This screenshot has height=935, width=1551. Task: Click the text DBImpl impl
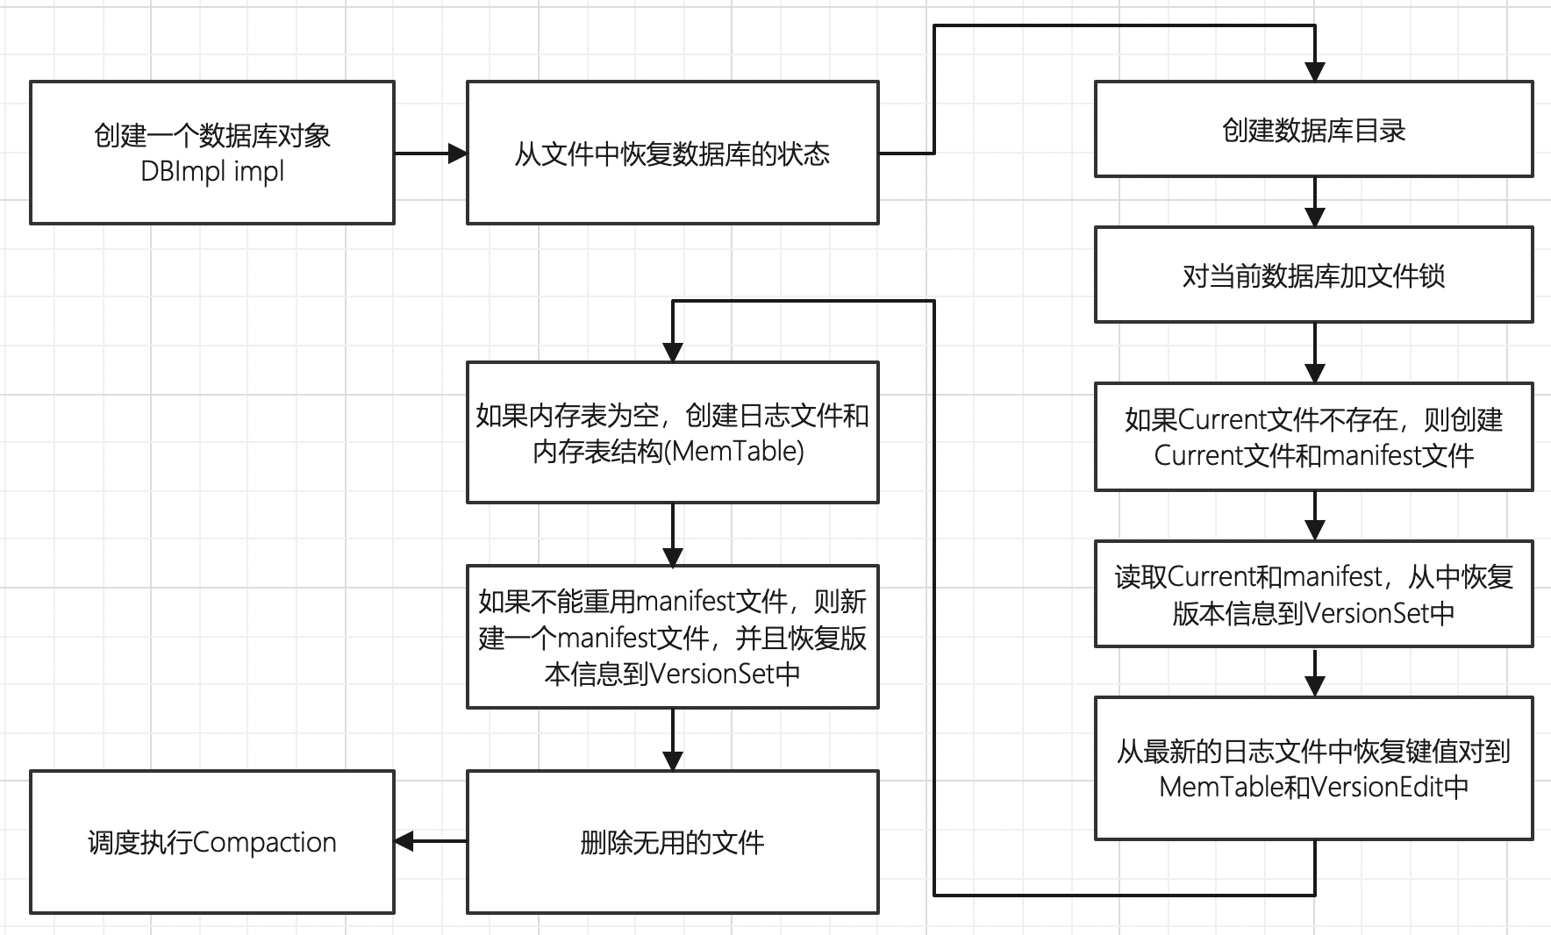pos(212,171)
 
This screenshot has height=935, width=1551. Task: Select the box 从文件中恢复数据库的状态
pos(672,153)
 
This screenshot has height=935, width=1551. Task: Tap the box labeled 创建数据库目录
pos(1313,130)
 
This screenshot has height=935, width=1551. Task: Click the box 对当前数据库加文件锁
pos(1313,275)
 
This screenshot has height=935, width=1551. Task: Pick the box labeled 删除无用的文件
pos(672,842)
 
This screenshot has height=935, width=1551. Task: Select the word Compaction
pos(264,842)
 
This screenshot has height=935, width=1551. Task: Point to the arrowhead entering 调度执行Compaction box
pos(404,841)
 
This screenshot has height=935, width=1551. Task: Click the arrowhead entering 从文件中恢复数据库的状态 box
pos(457,153)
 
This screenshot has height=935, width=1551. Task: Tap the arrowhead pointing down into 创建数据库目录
pos(1314,71)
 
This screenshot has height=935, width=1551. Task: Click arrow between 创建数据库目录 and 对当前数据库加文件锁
pos(1314,202)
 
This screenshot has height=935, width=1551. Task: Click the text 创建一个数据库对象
pos(212,135)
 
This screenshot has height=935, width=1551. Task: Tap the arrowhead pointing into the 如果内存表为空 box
pos(673,352)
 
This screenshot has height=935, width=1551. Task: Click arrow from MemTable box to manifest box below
pos(673,533)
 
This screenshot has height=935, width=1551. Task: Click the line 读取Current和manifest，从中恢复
pos(1313,576)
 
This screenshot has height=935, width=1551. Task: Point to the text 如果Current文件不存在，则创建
pos(1313,419)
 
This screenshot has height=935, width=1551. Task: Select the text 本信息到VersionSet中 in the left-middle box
pos(672,674)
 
